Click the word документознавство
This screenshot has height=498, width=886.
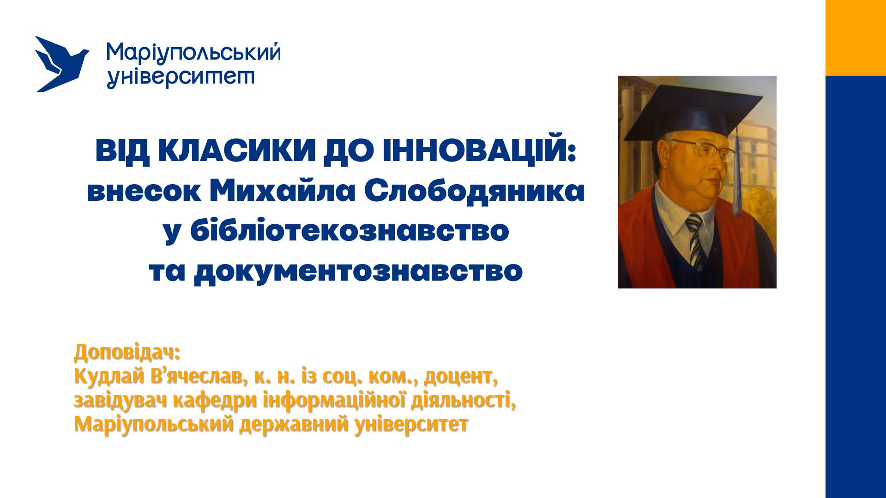(358, 272)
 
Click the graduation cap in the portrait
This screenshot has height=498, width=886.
(697, 110)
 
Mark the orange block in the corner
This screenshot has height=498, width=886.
(856, 38)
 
